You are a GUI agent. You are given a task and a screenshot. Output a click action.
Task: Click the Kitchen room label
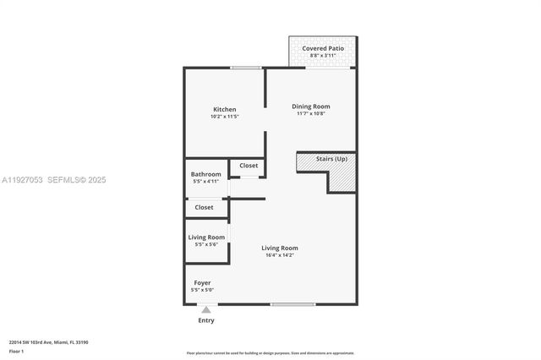(224, 109)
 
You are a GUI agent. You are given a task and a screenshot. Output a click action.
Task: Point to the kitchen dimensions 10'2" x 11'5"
(224, 117)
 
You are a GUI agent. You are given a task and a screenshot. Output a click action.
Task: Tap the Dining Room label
(310, 106)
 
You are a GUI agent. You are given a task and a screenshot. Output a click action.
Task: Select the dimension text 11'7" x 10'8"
(310, 113)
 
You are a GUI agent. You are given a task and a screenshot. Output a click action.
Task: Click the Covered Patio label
(321, 48)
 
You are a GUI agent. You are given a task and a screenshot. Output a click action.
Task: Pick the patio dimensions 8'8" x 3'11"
(321, 56)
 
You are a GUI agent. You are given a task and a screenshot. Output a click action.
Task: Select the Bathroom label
(205, 174)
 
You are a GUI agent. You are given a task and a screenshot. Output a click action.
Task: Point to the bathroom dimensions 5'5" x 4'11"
(205, 182)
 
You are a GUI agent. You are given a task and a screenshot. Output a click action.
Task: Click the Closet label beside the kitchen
(249, 166)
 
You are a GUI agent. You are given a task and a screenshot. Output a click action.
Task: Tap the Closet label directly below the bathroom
(204, 207)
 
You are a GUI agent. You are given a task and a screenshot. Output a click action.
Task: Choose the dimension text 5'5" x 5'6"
(205, 244)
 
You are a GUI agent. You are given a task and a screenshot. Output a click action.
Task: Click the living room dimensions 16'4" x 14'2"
(279, 255)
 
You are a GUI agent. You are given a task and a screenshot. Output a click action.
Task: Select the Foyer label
(202, 282)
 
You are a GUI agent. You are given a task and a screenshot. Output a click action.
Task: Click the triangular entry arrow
(205, 310)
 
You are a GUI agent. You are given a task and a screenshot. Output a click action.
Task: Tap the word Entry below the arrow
(205, 320)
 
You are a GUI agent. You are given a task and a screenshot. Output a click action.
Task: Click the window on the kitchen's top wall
(245, 68)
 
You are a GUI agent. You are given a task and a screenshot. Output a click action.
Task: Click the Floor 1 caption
(16, 351)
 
